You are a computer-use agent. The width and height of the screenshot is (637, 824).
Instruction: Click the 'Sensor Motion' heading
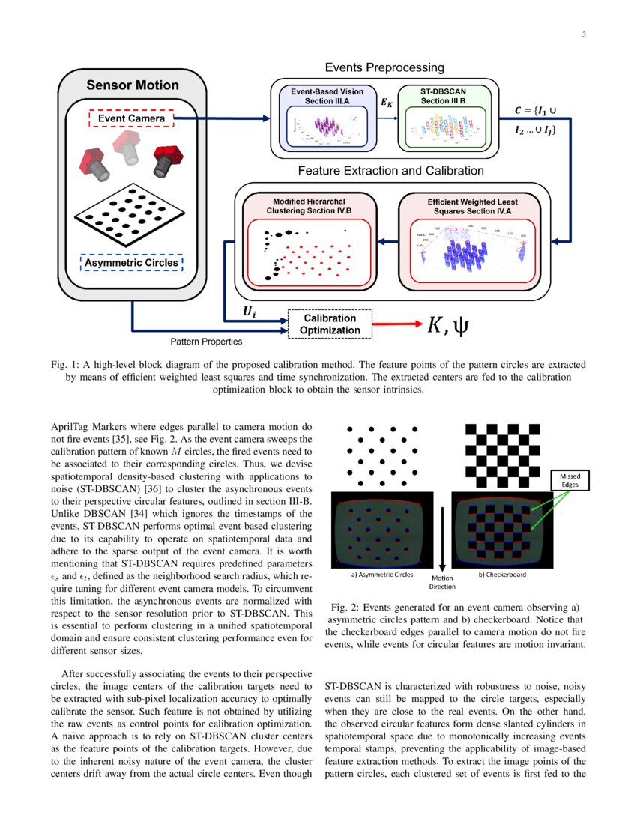133,85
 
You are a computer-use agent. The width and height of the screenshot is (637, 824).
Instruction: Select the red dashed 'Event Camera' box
131,118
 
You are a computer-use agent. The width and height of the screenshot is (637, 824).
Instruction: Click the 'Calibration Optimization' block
330,324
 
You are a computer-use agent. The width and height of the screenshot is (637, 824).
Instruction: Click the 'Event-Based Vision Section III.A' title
323,96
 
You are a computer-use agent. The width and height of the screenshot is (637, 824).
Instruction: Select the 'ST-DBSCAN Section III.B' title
443,96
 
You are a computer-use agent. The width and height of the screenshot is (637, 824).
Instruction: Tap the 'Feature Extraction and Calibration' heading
390,171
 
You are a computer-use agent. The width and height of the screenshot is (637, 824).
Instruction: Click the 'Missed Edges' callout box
572,480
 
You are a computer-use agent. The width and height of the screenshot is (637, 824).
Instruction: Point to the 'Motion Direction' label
442,582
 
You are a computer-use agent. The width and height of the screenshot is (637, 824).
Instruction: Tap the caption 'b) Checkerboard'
501,575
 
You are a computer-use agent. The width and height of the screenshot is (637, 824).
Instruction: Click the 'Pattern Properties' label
205,342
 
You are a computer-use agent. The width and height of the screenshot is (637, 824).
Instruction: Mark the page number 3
583,35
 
